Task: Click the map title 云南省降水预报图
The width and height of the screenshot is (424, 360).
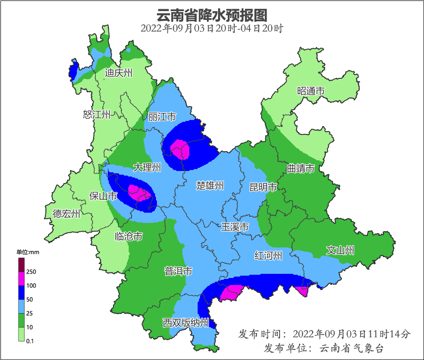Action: [x=212, y=15]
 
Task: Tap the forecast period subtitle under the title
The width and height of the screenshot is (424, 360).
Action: [x=212, y=28]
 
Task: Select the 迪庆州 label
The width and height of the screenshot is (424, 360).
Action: [x=118, y=73]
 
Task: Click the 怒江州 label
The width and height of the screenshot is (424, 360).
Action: [x=97, y=114]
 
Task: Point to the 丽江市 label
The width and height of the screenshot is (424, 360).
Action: [x=162, y=117]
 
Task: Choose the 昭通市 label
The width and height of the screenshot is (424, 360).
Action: [x=311, y=91]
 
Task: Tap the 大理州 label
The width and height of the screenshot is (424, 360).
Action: [x=147, y=167]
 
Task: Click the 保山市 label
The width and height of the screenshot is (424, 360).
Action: [x=103, y=196]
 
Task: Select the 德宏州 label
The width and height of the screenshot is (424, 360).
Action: [x=66, y=214]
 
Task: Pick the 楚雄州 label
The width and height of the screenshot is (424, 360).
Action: [x=210, y=186]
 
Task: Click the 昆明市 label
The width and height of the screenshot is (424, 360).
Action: [x=263, y=187]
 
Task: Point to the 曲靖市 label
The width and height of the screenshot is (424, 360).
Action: [x=300, y=168]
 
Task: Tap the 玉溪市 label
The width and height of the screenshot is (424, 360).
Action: [x=235, y=227]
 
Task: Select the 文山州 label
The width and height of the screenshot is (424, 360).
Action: [x=340, y=251]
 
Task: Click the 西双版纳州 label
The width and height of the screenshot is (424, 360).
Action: [x=186, y=323]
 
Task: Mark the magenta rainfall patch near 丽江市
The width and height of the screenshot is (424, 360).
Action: [x=180, y=149]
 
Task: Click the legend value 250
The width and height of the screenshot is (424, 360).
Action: [x=31, y=272]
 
